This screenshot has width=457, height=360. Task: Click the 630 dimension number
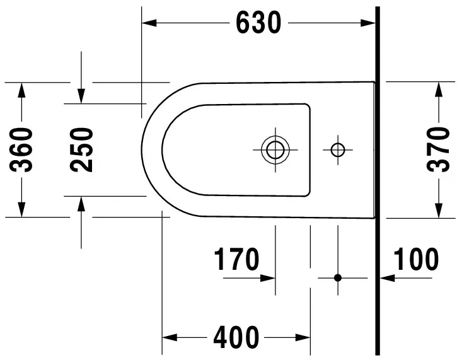(258, 24)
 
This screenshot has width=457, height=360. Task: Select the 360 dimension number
(23, 149)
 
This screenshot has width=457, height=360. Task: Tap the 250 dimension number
(81, 149)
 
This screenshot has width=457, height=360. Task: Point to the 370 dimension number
(437, 149)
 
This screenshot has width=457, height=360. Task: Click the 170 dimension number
(236, 259)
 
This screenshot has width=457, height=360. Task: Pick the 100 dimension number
(416, 259)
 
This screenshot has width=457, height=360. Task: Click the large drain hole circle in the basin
(275, 149)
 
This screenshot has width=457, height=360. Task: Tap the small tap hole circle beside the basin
(338, 149)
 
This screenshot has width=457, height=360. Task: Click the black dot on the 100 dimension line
(338, 277)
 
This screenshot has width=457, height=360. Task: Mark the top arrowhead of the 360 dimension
(23, 89)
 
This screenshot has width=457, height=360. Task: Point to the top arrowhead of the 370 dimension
(437, 89)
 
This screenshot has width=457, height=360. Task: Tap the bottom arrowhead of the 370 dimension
(437, 211)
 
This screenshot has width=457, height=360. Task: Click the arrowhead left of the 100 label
(386, 277)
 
